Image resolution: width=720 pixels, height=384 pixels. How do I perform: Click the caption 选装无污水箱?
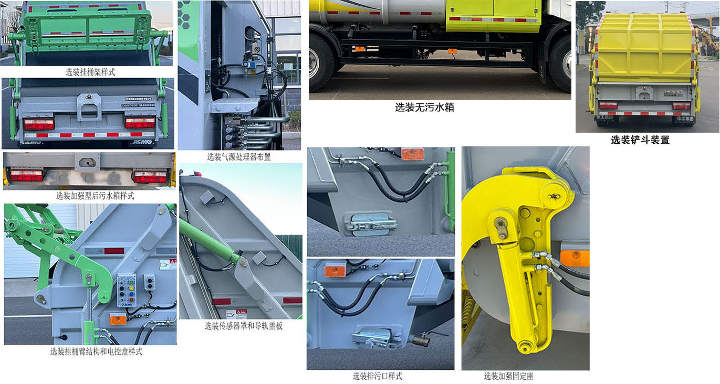(x=424, y=108)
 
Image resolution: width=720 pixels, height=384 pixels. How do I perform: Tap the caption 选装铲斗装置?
(x=640, y=140)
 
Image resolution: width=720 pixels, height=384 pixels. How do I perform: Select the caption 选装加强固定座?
(x=508, y=376)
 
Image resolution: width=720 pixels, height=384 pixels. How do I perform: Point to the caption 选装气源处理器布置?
(x=239, y=157)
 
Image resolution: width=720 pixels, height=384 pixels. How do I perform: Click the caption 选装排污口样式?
(x=377, y=376)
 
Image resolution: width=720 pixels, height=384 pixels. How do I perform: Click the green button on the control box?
(x=121, y=286)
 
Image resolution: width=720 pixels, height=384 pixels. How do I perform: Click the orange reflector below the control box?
(x=117, y=318)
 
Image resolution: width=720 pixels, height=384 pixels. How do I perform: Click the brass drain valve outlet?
(x=421, y=340)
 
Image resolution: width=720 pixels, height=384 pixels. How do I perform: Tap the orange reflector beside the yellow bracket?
(x=575, y=258)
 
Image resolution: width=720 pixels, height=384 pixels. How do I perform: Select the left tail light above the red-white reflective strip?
(x=38, y=124)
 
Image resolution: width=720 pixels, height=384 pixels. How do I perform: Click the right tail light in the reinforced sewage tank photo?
(x=149, y=176)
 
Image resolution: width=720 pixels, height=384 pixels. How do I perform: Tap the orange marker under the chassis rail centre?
(x=452, y=51)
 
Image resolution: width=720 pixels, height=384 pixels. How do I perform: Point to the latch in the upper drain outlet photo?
(x=371, y=223)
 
